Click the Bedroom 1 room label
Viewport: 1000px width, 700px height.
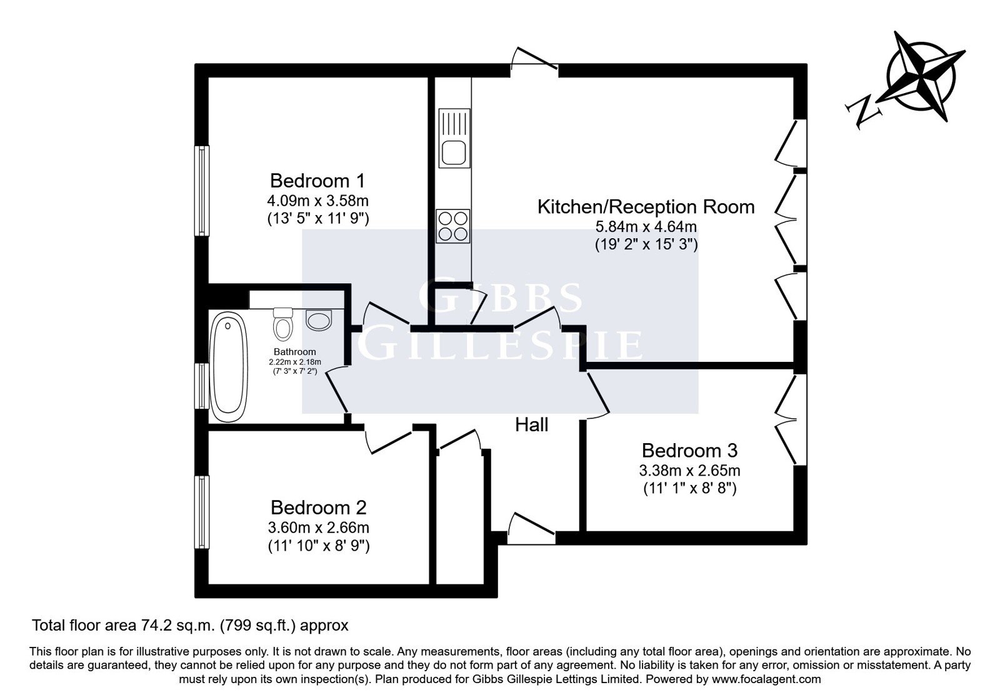(x=317, y=181)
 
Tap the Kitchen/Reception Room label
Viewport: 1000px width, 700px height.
(x=646, y=207)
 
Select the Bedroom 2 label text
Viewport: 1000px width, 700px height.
(x=318, y=507)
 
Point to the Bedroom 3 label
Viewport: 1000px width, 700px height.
(x=689, y=451)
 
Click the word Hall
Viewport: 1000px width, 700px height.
(x=531, y=424)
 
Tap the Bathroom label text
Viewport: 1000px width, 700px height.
(x=294, y=352)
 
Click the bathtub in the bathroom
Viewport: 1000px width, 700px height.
(x=228, y=367)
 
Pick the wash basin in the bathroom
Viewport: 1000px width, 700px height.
(x=319, y=319)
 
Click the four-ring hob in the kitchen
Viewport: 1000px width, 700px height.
(x=452, y=226)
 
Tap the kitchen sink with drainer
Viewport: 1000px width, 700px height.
(x=454, y=138)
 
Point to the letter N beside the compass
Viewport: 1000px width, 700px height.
(x=863, y=111)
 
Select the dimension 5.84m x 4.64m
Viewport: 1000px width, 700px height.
(x=646, y=227)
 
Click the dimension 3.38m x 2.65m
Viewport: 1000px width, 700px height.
(x=689, y=471)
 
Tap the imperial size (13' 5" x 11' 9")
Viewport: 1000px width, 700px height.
(x=318, y=219)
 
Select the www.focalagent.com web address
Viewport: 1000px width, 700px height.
(x=766, y=679)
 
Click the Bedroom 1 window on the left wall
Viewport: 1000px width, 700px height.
(x=202, y=191)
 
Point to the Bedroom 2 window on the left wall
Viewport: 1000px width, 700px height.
(x=202, y=512)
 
